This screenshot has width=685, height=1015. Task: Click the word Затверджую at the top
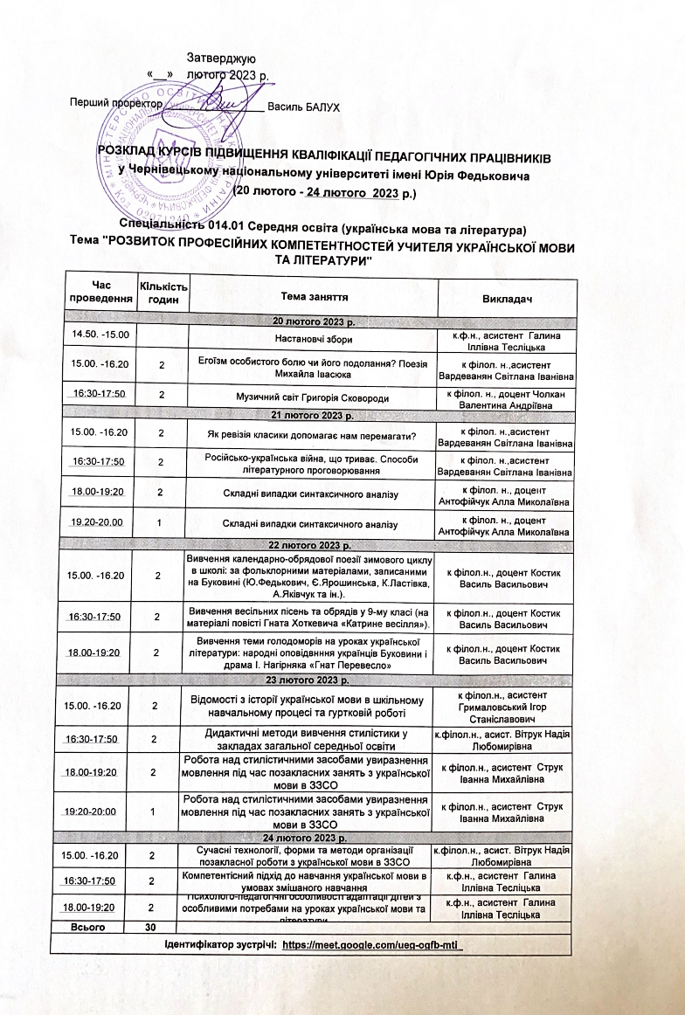pos(220,59)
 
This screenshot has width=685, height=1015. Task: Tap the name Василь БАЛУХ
pos(303,107)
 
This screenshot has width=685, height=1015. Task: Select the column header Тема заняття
pos(311,298)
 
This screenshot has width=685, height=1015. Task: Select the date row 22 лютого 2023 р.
pos(311,546)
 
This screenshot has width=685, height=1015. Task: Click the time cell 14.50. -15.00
pos(101,335)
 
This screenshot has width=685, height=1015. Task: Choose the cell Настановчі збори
pos(311,338)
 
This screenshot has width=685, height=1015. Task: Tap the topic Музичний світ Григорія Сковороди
pos(311,396)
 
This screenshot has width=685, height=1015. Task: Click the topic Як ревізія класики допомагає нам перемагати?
pos(311,432)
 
